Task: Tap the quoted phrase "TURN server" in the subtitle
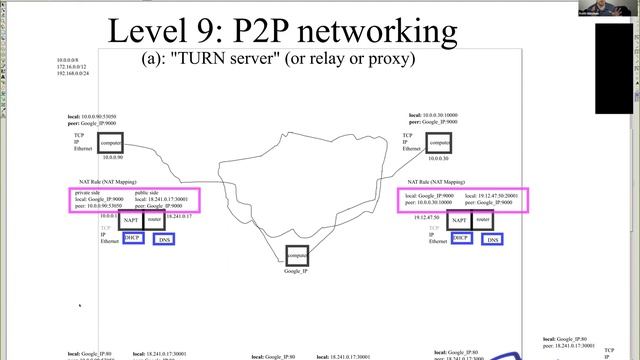pyautogui.click(x=229, y=59)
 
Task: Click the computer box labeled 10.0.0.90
pyautogui.click(x=110, y=143)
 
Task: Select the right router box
pyautogui.click(x=483, y=220)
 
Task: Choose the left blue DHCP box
pyautogui.click(x=133, y=238)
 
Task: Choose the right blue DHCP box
pyautogui.click(x=461, y=238)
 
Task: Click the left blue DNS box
pyautogui.click(x=164, y=240)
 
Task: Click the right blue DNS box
pyautogui.click(x=492, y=240)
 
